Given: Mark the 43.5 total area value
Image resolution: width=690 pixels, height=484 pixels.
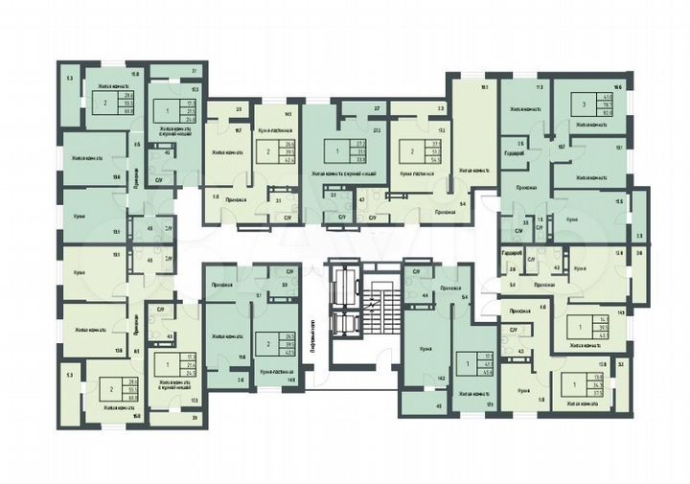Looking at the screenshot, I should click(x=603, y=333).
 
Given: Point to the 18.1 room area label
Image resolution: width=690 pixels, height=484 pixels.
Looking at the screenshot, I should click(x=485, y=87).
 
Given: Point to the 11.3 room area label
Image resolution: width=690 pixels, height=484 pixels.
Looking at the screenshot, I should click(x=540, y=87).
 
